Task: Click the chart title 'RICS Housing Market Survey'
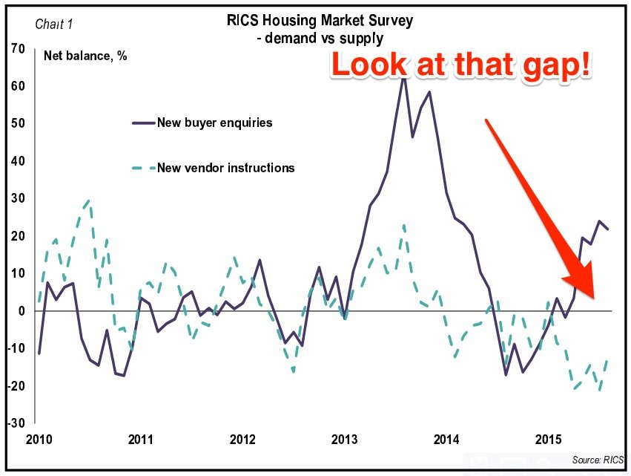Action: [x=320, y=21]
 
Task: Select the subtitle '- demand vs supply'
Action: [x=320, y=37]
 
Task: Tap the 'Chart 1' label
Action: [x=55, y=24]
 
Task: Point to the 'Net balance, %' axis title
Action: [x=85, y=56]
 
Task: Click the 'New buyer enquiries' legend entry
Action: [x=214, y=123]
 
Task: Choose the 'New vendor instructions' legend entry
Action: [x=225, y=168]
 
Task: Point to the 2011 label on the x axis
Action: [x=141, y=438]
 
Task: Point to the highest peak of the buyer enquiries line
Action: [x=403, y=76]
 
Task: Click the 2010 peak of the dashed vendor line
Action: [x=89, y=200]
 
